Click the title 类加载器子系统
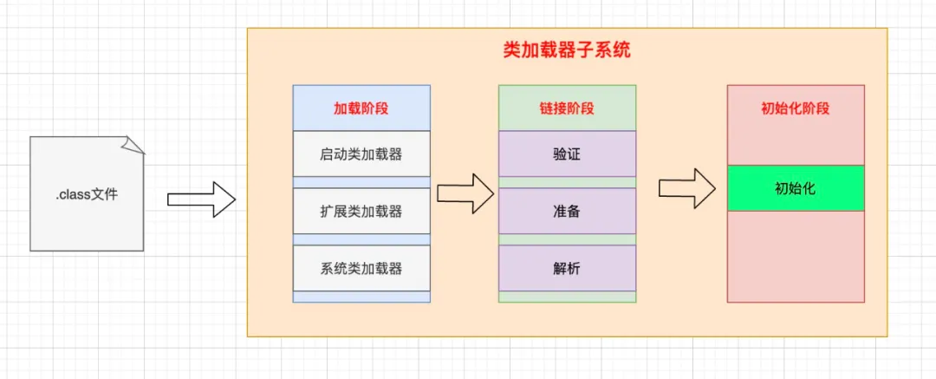click(x=567, y=50)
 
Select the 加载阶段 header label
click(x=361, y=109)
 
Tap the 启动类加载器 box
click(x=361, y=154)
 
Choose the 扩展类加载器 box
click(x=361, y=211)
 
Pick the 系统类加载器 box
click(x=361, y=268)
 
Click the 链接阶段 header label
click(x=567, y=109)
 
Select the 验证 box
click(x=567, y=154)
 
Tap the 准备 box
click(x=567, y=211)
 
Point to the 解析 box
click(x=567, y=268)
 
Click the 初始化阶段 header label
click(x=795, y=109)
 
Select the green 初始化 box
click(x=795, y=188)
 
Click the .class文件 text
click(x=86, y=195)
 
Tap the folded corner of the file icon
click(x=133, y=145)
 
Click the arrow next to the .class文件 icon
click(x=201, y=199)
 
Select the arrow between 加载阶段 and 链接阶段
click(x=465, y=193)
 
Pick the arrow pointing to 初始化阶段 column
click(x=686, y=188)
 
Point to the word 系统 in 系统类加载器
click(x=331, y=268)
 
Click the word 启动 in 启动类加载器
click(x=331, y=154)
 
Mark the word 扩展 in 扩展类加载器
click(x=331, y=211)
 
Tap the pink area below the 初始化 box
click(x=795, y=256)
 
